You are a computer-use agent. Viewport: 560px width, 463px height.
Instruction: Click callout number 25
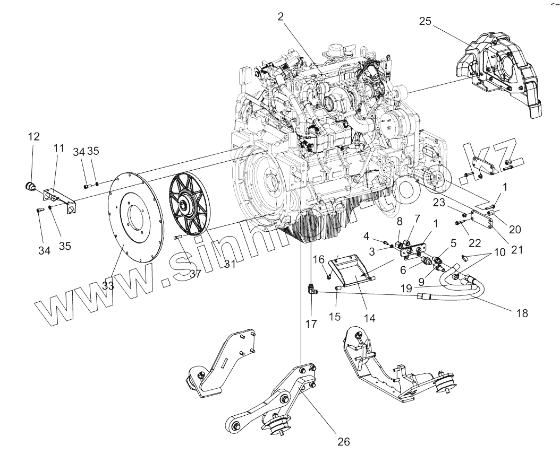point(425,22)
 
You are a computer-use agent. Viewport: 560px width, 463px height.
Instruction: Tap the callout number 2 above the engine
point(280,16)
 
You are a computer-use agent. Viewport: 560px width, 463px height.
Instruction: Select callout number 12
point(33,137)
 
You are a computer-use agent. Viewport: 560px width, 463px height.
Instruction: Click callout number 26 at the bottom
point(344,442)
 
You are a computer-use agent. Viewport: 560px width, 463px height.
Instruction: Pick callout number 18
point(522,313)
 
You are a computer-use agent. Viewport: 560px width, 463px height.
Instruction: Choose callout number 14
point(369,318)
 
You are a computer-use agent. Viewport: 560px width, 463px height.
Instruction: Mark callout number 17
point(311,322)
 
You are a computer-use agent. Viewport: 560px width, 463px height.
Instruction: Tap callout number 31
point(229,264)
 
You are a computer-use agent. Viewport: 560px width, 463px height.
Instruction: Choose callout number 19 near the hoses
point(407,288)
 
